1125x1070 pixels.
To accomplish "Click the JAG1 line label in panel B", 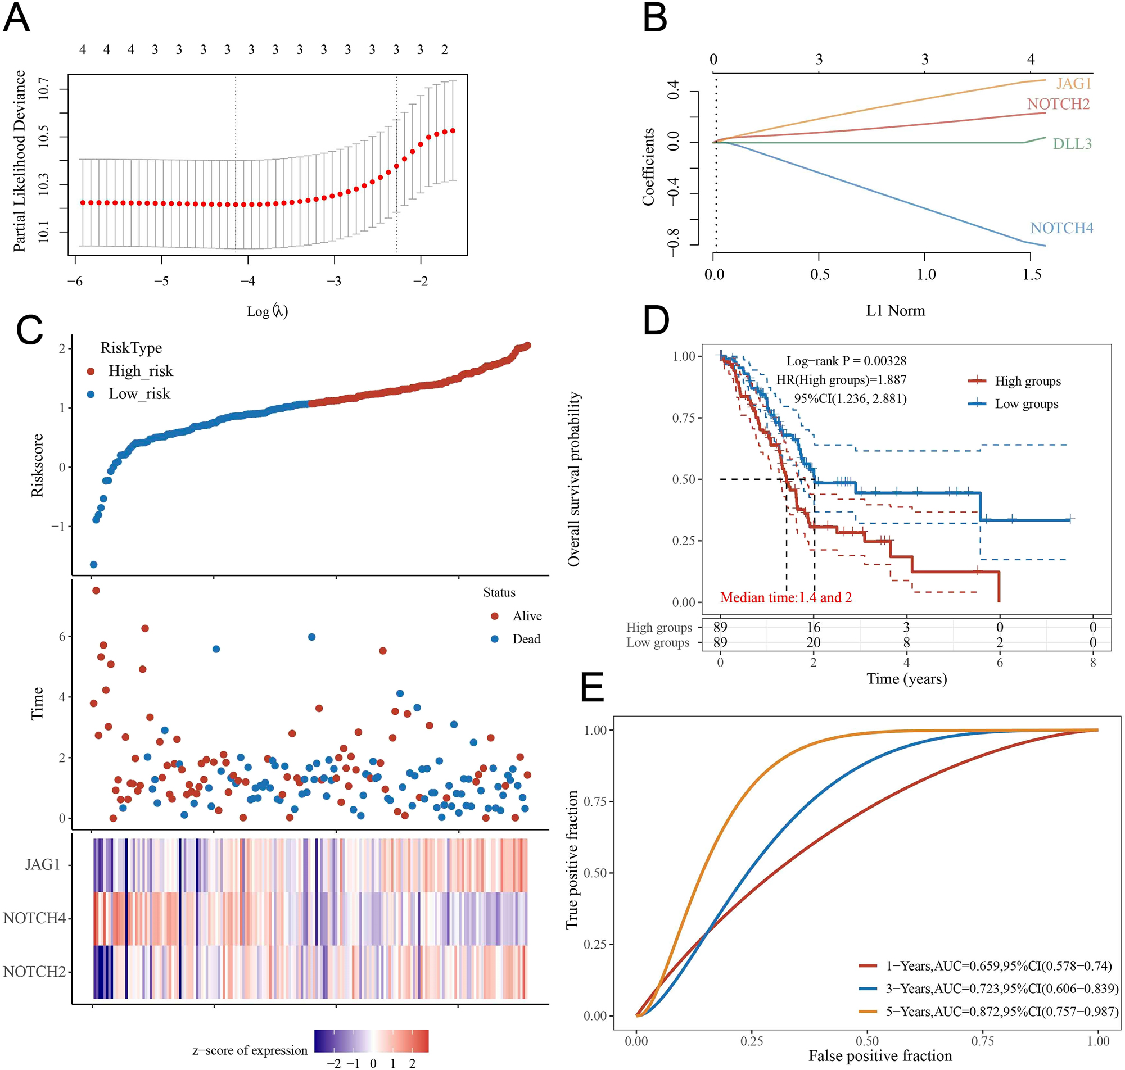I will [1073, 83].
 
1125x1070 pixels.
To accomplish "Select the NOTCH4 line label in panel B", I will [1061, 228].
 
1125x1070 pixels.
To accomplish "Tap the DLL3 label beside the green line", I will [1072, 144].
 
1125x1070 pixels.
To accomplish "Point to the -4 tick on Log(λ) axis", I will [247, 281].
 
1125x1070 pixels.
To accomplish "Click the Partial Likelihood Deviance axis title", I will [20, 161].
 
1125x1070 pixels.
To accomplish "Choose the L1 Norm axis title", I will [895, 310].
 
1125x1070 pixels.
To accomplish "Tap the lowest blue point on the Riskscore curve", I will [93, 565].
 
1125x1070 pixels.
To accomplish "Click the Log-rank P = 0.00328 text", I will [846, 360].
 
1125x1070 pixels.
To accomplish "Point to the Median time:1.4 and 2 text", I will [785, 597].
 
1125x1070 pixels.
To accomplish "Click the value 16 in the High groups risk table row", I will [813, 627].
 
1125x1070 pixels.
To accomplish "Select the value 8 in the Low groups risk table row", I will [906, 643].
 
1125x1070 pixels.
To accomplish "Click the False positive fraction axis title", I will [880, 1056].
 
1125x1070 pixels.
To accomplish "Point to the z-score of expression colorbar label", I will [250, 1050].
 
